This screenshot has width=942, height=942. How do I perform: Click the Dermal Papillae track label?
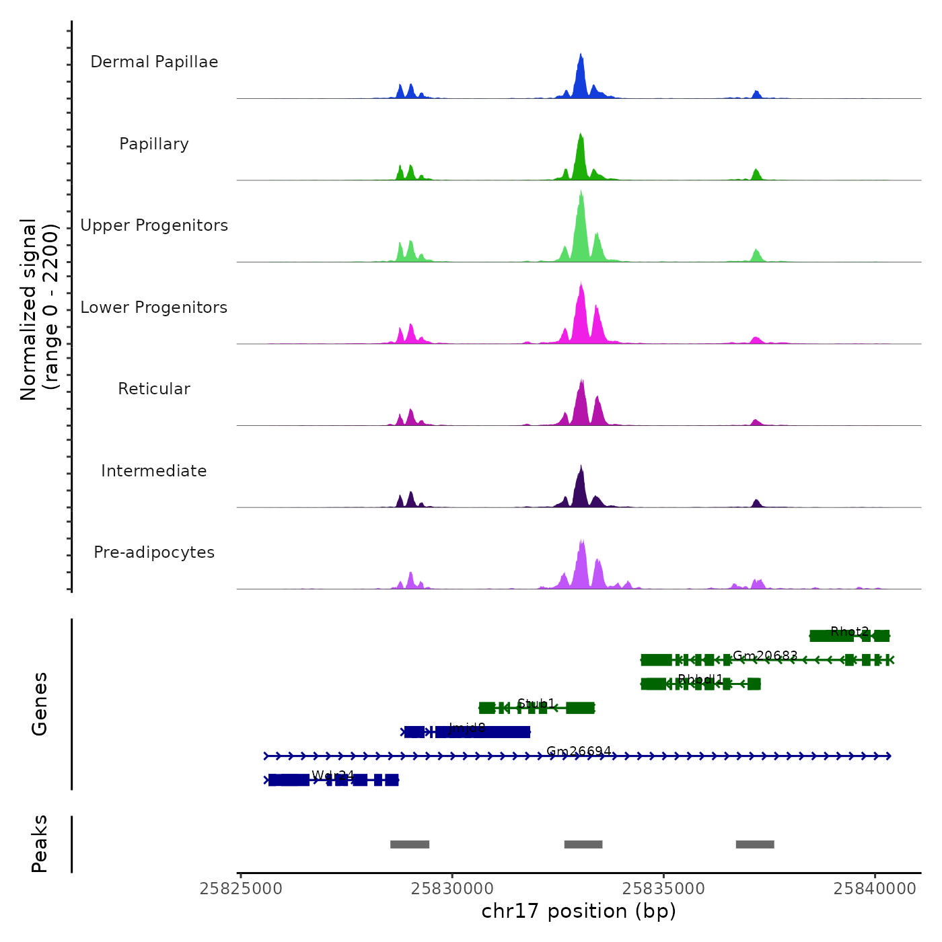point(154,62)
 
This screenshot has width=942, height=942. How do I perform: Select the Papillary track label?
point(154,144)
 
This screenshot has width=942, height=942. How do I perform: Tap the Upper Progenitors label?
point(154,225)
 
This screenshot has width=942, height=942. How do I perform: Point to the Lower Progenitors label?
point(154,307)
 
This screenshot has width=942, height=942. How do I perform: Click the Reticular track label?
point(154,389)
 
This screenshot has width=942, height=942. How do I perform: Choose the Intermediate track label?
point(154,471)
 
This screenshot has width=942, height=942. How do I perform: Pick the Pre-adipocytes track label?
point(154,552)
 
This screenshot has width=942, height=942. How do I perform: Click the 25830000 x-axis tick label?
point(452,889)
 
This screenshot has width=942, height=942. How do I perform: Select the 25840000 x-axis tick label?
point(875,889)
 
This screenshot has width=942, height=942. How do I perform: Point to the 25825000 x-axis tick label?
point(241,889)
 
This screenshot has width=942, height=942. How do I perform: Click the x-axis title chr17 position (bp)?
point(579,911)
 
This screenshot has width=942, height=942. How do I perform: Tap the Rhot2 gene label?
point(849,632)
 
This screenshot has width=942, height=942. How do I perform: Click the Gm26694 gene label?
point(579,752)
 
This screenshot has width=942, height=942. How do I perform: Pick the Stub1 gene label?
point(536,704)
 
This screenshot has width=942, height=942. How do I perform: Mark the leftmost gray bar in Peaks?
point(410,844)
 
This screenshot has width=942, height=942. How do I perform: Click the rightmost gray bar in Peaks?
point(755,844)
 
